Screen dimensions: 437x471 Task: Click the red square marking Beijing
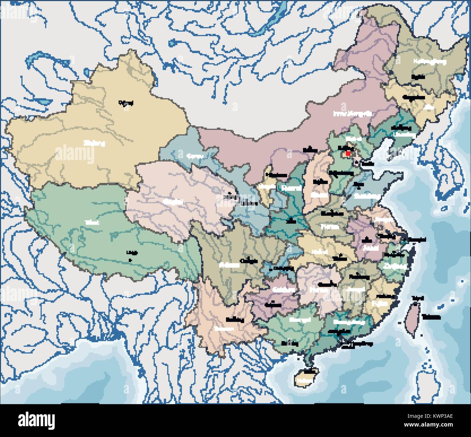point(348,154)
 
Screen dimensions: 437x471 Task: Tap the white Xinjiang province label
point(94,143)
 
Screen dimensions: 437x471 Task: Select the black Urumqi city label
point(126,103)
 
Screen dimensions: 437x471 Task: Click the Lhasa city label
point(130,253)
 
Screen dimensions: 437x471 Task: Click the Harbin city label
point(418,77)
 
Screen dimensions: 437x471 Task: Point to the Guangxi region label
point(300,320)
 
